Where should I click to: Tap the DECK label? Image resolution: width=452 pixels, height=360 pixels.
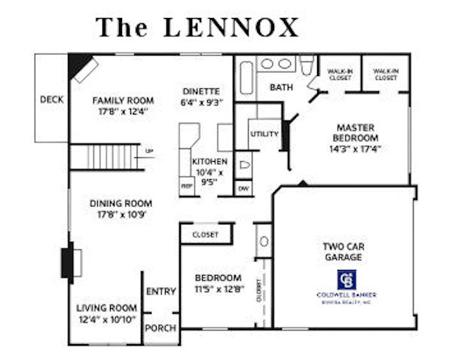click(52, 99)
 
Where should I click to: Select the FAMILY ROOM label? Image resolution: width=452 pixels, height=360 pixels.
click(123, 100)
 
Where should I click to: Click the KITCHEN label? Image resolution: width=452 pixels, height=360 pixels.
click(209, 161)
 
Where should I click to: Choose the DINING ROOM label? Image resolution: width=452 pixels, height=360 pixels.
click(121, 203)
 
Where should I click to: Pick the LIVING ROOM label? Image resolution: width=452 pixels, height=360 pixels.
click(107, 307)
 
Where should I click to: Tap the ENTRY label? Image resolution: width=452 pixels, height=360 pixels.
click(161, 292)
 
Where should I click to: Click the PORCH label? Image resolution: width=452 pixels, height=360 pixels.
click(161, 328)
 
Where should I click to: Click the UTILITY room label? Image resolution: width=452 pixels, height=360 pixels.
click(264, 134)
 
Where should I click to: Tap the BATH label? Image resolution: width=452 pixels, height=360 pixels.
click(282, 87)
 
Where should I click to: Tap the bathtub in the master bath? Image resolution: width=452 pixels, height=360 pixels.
click(246, 78)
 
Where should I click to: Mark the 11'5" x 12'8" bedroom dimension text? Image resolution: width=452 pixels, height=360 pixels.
click(218, 288)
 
